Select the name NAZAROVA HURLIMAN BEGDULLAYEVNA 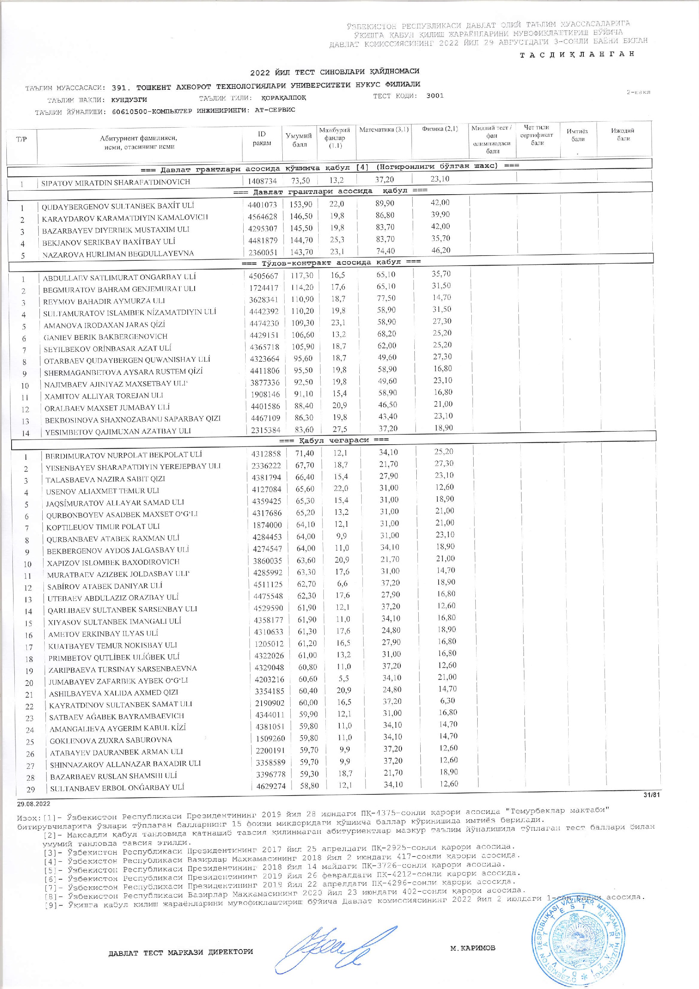118,254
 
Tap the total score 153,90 301,205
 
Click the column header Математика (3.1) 384,129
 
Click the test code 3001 435,96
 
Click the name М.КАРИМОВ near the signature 473,920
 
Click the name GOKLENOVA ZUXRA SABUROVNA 111,740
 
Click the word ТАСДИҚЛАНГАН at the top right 577,54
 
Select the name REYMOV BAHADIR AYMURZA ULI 104,301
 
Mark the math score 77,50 386,298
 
